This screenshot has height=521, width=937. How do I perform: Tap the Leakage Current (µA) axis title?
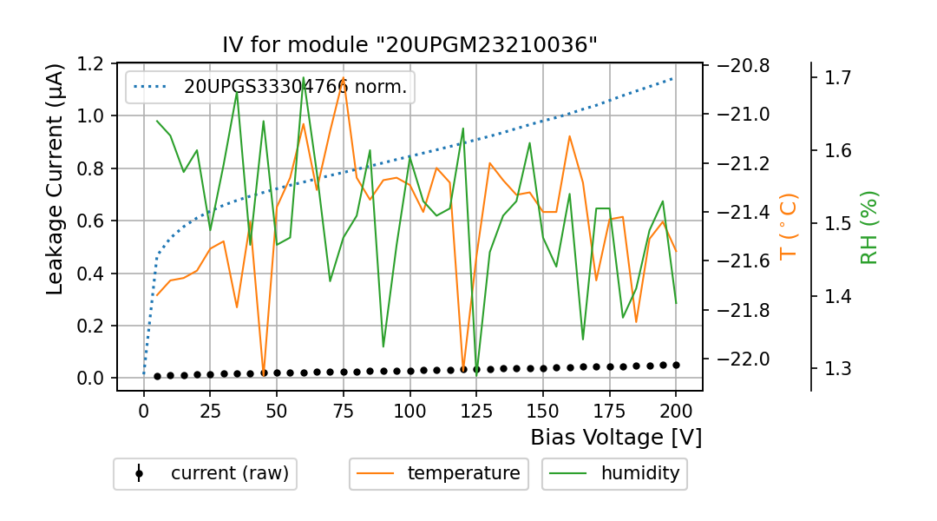55,179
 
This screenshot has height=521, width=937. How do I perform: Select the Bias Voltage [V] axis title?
616,437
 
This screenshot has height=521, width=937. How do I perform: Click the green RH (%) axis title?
869,228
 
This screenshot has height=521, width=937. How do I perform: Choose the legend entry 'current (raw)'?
205,473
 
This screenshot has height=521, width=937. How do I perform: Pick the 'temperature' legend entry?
439,473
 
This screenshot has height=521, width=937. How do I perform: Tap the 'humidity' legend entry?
614,473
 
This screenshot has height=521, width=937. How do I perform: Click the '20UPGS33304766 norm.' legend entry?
271,87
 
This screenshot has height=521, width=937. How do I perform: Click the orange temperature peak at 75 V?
344,79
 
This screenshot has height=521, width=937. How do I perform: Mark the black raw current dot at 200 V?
676,365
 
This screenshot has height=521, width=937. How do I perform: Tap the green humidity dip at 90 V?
383,346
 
